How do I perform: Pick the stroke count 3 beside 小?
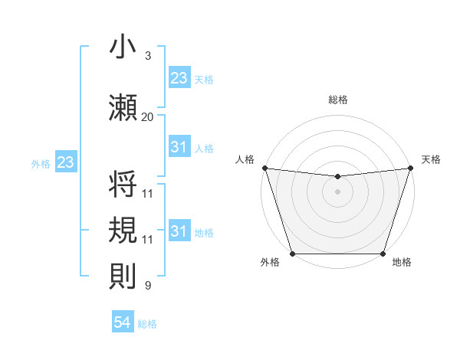click(x=148, y=56)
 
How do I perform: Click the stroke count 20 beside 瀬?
click(x=148, y=117)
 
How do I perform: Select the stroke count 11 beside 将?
click(x=148, y=193)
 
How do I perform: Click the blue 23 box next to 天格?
click(x=179, y=77)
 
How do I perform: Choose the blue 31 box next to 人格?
click(x=179, y=147)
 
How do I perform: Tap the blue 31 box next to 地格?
click(x=179, y=232)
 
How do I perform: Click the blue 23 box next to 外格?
click(x=65, y=162)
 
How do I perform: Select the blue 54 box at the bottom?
click(x=123, y=323)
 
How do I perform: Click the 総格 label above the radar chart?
click(x=338, y=100)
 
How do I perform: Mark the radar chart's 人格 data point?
click(x=264, y=168)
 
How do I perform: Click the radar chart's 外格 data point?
click(x=292, y=254)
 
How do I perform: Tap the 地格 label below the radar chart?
click(x=402, y=263)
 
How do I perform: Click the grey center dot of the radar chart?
click(x=337, y=191)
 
